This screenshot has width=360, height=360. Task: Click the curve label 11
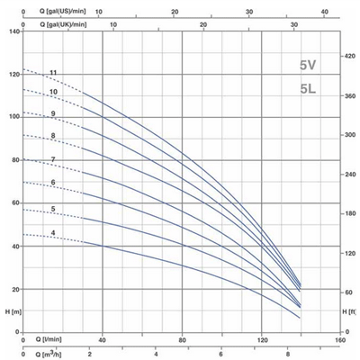pos(54,72)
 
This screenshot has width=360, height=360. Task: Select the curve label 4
pos(54,234)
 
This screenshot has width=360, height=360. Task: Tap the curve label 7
pos(54,159)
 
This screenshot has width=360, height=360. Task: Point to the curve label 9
pos(54,113)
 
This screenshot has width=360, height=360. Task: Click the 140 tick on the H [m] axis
pos(13,31)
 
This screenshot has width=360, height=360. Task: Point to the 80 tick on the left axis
pos(14,160)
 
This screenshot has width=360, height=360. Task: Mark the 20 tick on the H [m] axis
pos(14,289)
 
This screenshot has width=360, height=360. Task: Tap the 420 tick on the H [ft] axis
pos(351,57)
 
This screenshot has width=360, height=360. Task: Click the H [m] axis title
pos(12,311)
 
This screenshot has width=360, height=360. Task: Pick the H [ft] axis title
pos(349,311)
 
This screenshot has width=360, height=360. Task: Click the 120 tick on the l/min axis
pos(262,340)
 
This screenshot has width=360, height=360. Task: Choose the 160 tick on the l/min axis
pos(340,340)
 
